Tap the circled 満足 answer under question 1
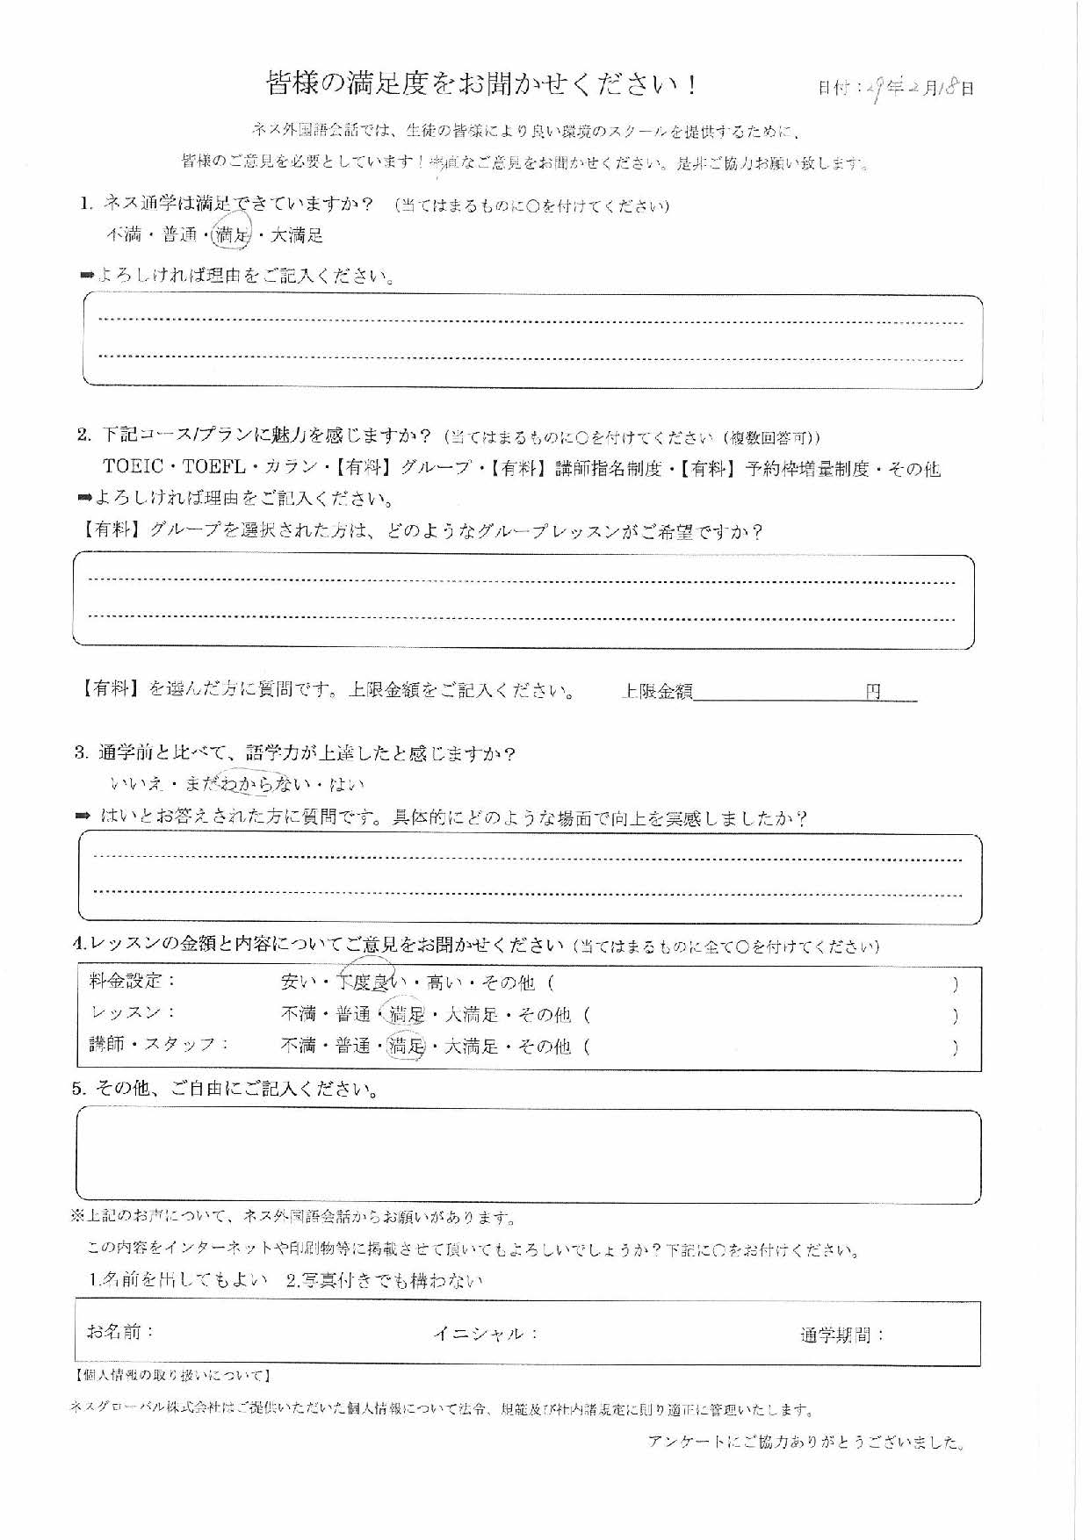pyautogui.click(x=233, y=234)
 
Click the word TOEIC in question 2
pyautogui.click(x=134, y=468)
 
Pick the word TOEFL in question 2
pyautogui.click(x=213, y=468)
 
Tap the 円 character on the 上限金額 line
pyautogui.click(x=873, y=692)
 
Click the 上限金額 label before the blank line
pyautogui.click(x=657, y=692)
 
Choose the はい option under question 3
pyautogui.click(x=347, y=784)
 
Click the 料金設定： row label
pyautogui.click(x=133, y=981)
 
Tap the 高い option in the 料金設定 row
pyautogui.click(x=444, y=982)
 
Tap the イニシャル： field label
pyautogui.click(x=485, y=1334)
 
